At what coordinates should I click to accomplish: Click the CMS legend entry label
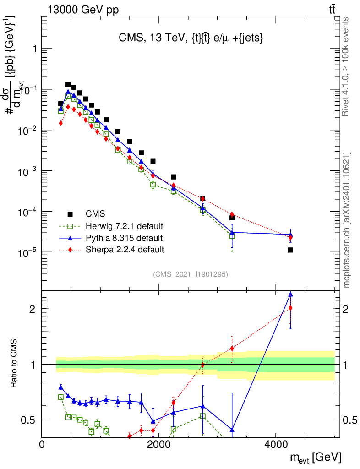95,213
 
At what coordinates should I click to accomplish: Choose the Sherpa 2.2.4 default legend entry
125,250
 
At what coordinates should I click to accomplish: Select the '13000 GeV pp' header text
82,9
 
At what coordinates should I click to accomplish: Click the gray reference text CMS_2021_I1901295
191,274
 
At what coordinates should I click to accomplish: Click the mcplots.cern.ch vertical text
347,220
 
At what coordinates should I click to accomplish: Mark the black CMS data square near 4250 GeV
290,250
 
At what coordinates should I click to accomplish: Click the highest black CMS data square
68,85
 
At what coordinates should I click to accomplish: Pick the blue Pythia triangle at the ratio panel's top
290,294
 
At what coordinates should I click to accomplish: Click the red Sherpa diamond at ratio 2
290,308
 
